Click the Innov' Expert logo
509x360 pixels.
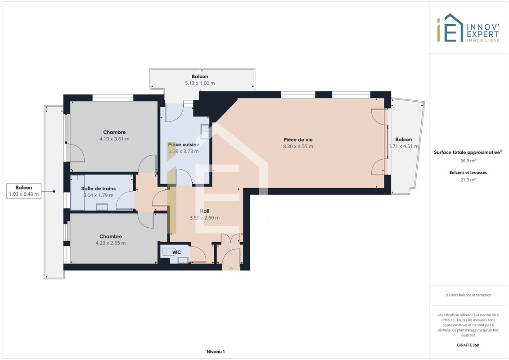click(x=468, y=28)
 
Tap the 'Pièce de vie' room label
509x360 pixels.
click(x=298, y=139)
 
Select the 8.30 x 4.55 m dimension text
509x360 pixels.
click(x=298, y=146)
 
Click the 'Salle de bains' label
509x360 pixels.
click(x=99, y=189)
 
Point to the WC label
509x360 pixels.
click(x=176, y=252)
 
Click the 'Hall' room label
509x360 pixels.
click(x=204, y=211)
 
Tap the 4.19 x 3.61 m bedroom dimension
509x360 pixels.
click(x=114, y=139)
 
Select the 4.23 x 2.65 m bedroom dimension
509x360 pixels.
click(x=111, y=243)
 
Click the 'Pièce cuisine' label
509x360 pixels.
click(x=184, y=145)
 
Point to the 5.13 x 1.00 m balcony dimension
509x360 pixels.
click(x=200, y=83)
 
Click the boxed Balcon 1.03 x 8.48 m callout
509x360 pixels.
click(x=24, y=191)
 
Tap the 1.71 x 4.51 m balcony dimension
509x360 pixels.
click(x=404, y=146)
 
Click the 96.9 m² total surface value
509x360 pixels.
click(x=468, y=161)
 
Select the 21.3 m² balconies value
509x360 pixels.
click(x=468, y=180)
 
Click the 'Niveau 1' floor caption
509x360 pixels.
click(x=216, y=351)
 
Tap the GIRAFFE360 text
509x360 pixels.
click(x=468, y=345)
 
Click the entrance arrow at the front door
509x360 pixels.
click(x=231, y=269)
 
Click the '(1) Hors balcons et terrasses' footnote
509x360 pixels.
click(x=468, y=295)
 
